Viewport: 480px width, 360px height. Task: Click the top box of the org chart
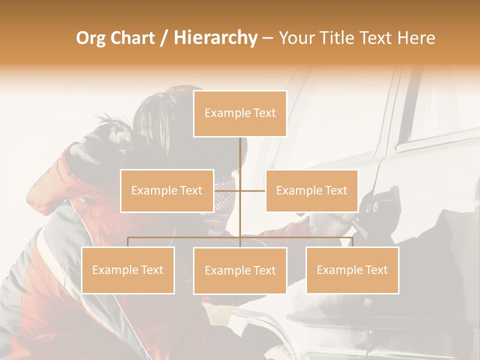[240, 113]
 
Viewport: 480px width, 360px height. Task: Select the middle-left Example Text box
[167, 190]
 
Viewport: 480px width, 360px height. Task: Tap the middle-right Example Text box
[311, 190]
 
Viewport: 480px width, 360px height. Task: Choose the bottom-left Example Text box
[128, 270]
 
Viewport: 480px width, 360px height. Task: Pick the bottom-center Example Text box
[240, 270]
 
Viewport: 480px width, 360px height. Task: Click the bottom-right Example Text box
[352, 270]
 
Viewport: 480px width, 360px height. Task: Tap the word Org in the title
[90, 38]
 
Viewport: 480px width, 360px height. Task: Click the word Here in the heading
[416, 38]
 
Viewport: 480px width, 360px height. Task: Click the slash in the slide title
[164, 38]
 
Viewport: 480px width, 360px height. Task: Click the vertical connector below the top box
[240, 155]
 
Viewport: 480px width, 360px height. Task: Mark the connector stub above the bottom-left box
[128, 242]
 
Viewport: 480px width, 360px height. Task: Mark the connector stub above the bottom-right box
[352, 242]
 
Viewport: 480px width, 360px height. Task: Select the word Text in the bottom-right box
[376, 270]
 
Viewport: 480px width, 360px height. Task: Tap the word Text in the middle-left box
[191, 190]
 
